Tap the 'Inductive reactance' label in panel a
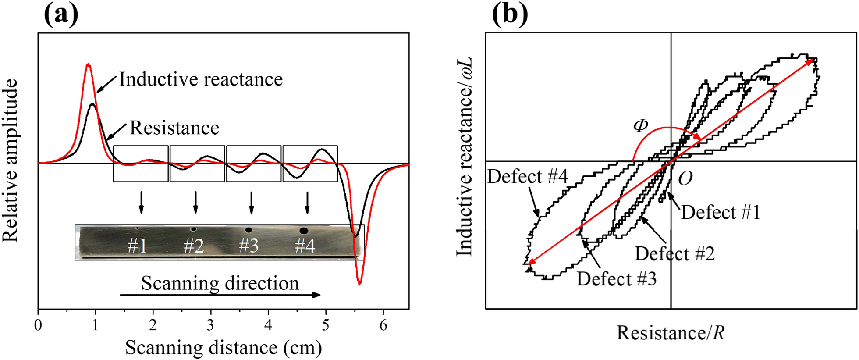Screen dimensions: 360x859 (201, 79)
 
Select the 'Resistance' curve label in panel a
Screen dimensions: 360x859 (174, 128)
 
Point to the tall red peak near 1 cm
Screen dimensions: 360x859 (88, 65)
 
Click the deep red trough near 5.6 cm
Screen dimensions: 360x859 (359, 284)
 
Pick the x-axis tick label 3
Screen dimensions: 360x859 (211, 326)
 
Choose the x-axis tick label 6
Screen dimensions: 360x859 (383, 326)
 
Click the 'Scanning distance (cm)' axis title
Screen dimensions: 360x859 (224, 348)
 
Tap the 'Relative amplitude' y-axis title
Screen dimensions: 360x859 (11, 160)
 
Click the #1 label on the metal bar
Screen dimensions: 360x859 (137, 246)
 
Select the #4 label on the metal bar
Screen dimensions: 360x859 (305, 246)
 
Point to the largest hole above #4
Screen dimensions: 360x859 (303, 230)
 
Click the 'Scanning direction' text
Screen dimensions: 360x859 (220, 283)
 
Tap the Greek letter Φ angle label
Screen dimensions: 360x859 (641, 126)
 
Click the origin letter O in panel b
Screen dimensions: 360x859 (685, 178)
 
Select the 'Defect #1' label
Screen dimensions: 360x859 (721, 212)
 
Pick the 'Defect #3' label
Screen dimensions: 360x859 (616, 279)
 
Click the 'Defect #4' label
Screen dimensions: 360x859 (528, 177)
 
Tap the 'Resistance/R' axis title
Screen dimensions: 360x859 (671, 333)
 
